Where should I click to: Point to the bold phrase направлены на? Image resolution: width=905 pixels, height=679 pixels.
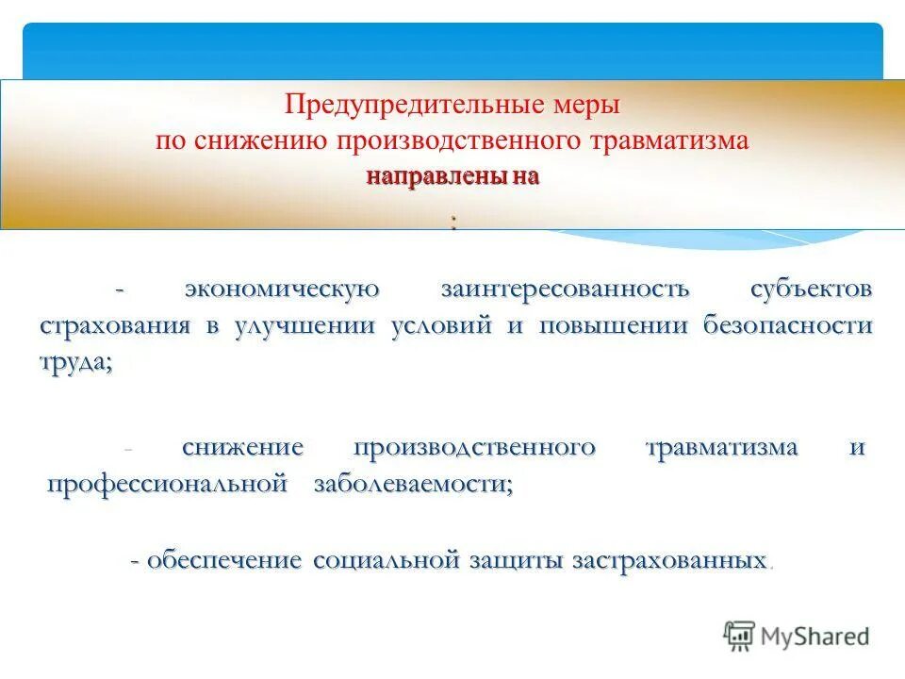click(452, 177)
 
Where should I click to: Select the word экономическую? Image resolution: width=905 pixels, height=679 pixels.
click(282, 289)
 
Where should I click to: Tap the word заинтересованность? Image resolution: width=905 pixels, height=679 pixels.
click(565, 289)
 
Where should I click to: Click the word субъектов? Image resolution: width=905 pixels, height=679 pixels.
click(812, 289)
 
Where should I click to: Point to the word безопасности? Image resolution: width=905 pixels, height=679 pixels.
click(787, 326)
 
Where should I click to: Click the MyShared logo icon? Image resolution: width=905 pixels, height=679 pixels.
click(740, 635)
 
